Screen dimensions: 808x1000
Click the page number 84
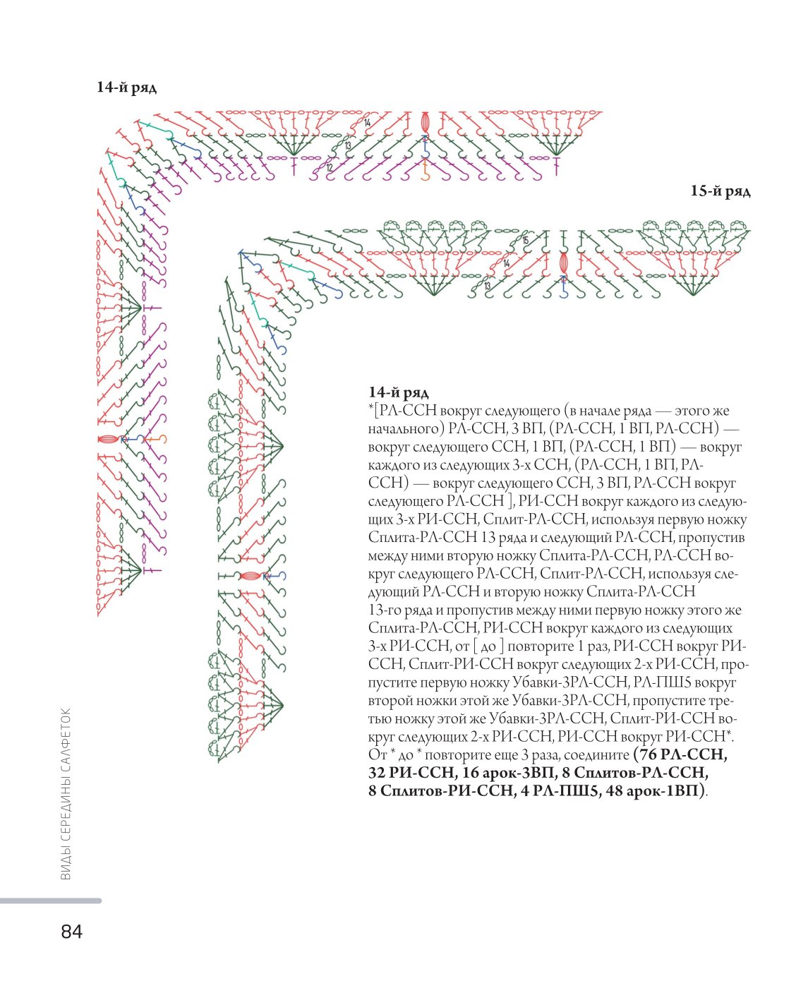tap(71, 931)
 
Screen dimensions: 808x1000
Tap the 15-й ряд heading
tap(720, 191)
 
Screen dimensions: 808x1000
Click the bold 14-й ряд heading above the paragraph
tap(398, 392)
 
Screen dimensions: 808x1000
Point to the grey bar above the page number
tap(51, 900)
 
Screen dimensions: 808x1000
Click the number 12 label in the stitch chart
tap(329, 167)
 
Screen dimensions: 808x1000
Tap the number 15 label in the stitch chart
tap(525, 241)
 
